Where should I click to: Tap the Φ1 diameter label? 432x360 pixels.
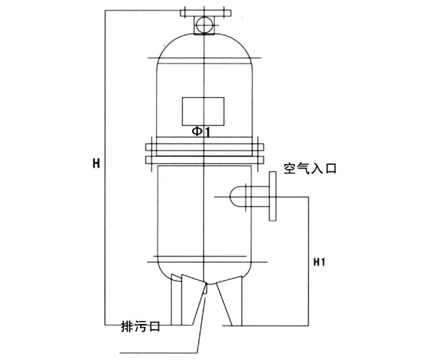pos(201,132)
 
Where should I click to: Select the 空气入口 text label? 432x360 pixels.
pos(309,170)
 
